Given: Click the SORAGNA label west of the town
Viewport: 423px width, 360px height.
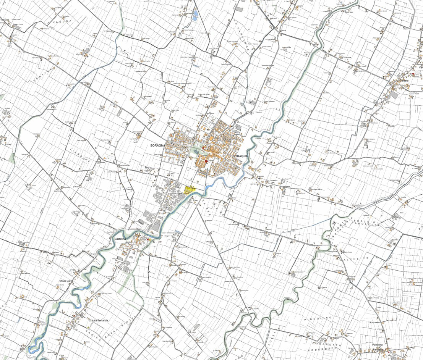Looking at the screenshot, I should [158, 145].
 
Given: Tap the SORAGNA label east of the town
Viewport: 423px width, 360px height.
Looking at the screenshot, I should [240, 157].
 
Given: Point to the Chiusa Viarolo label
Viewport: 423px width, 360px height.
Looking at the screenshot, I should [66, 281].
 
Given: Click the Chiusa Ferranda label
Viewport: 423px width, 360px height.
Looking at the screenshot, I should [99, 320].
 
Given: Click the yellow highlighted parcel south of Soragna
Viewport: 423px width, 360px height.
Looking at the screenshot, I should [189, 189].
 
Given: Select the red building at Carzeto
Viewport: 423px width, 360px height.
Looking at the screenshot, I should [413, 73].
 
